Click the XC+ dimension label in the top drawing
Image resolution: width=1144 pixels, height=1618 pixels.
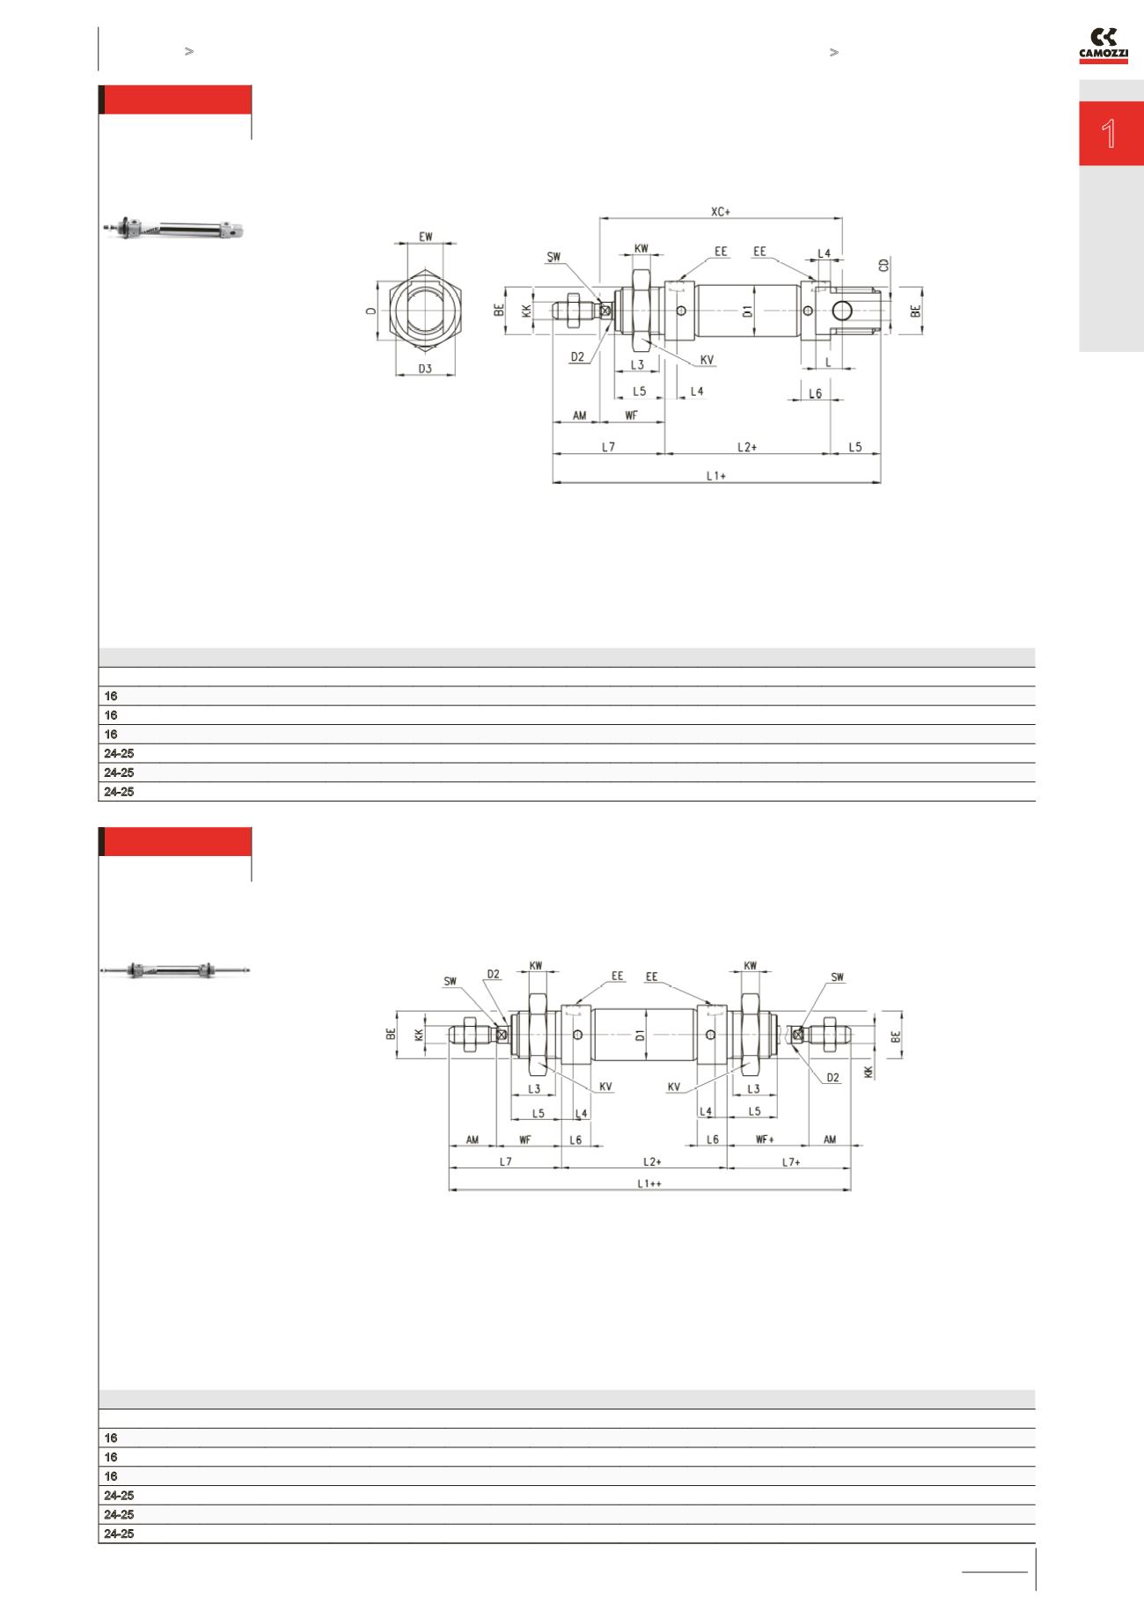(721, 211)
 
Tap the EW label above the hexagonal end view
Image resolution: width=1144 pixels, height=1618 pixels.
(426, 236)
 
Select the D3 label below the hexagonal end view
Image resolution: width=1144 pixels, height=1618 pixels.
(425, 369)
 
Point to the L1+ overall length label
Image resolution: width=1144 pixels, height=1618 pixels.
(715, 475)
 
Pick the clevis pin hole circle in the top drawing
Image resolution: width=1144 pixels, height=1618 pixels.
(841, 310)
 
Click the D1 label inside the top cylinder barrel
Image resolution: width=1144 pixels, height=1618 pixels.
(747, 310)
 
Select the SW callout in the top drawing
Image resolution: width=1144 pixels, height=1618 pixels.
(554, 257)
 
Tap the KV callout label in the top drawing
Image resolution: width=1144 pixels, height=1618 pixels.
(707, 360)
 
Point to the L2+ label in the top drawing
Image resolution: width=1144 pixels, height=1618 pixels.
(746, 447)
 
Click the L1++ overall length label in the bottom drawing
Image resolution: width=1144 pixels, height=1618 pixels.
(649, 1183)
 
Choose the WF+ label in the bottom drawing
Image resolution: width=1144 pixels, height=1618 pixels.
(765, 1139)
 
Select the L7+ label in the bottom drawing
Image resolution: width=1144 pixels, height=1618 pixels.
(790, 1161)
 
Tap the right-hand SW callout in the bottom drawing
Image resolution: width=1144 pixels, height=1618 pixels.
(837, 977)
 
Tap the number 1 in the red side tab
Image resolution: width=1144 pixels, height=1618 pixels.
(1110, 134)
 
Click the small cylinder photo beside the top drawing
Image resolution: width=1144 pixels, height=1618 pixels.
(172, 229)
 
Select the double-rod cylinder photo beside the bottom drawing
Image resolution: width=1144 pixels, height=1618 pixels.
(175, 970)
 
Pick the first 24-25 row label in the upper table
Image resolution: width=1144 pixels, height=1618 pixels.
(119, 753)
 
